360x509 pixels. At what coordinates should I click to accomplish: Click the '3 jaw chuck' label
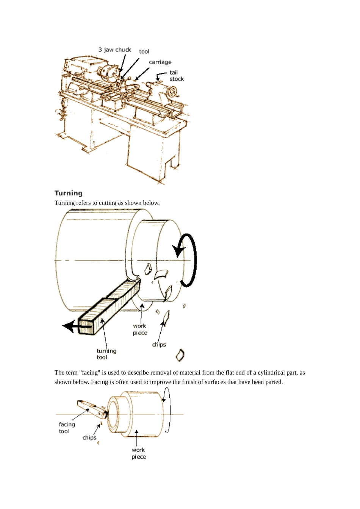click(x=114, y=50)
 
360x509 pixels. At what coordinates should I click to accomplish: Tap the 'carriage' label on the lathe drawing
click(x=160, y=62)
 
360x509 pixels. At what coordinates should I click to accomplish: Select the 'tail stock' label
click(x=177, y=76)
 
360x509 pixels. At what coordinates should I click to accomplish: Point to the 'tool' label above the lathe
click(x=144, y=52)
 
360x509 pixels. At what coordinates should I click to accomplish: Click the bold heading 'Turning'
click(x=69, y=193)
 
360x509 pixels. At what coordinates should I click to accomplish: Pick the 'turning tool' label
click(x=106, y=354)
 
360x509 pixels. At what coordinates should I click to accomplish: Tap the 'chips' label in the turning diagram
click(x=159, y=345)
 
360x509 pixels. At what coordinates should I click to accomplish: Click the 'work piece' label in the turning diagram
click(x=140, y=329)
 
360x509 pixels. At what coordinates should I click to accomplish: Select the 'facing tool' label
click(x=67, y=428)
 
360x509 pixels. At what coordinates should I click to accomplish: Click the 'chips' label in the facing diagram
click(x=89, y=437)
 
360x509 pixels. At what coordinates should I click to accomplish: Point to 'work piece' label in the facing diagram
click(x=138, y=453)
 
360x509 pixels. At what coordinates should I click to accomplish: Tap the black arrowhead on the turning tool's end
click(x=69, y=326)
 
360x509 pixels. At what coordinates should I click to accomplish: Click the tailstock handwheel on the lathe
click(x=172, y=91)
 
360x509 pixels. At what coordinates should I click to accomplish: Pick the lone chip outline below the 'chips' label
click(x=180, y=355)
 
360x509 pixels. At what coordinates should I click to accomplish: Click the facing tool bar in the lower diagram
click(x=92, y=409)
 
